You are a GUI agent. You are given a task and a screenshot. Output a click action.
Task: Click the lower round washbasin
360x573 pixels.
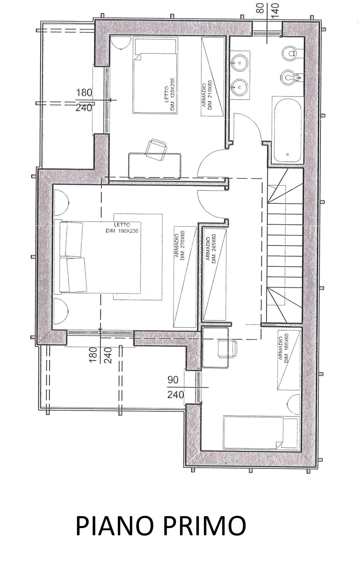(240, 85)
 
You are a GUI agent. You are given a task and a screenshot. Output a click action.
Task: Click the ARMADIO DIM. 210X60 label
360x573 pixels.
(207, 96)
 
